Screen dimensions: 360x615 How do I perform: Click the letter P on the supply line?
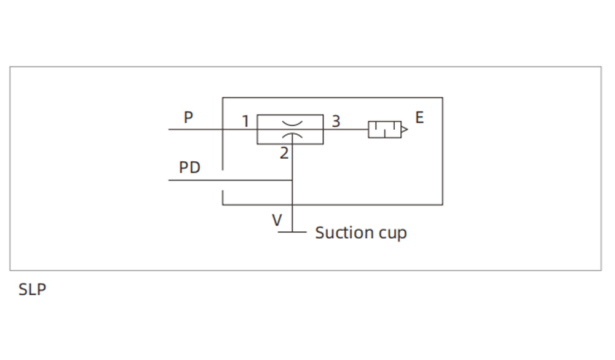(x=188, y=117)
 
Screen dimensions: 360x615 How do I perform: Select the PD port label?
(x=189, y=167)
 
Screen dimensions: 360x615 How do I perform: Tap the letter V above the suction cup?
(x=278, y=220)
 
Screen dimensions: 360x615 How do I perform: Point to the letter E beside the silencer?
(x=419, y=118)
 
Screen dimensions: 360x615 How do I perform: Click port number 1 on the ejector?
(x=245, y=121)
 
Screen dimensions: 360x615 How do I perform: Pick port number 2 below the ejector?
(x=284, y=153)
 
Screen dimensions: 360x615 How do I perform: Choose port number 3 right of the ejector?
(x=336, y=121)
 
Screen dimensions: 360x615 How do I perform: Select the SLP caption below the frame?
(x=32, y=289)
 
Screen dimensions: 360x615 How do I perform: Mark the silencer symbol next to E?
(x=384, y=129)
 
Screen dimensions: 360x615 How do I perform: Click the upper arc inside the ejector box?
(x=292, y=124)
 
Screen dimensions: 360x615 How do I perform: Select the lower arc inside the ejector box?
(x=292, y=135)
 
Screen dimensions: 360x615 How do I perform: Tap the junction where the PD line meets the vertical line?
(x=292, y=180)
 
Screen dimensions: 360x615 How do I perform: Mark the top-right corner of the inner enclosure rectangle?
(x=442, y=97)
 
